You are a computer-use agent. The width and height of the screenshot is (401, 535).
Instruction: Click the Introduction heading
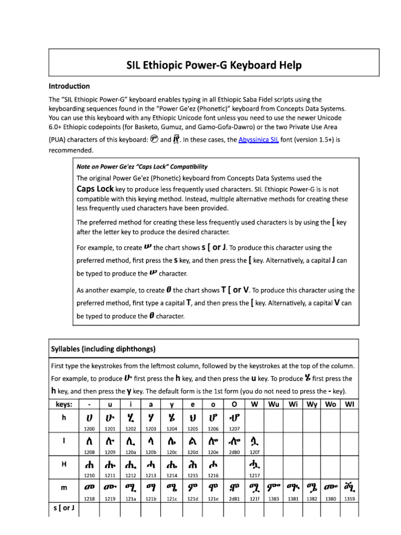(x=69, y=86)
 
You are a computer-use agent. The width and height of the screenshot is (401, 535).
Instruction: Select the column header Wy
(x=312, y=404)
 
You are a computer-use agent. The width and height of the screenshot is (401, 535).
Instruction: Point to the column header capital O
(x=233, y=404)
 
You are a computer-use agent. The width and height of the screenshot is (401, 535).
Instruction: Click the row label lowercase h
(x=63, y=418)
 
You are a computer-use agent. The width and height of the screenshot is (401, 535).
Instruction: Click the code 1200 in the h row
(x=89, y=428)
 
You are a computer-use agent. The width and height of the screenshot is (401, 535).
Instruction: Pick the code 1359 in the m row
(x=349, y=499)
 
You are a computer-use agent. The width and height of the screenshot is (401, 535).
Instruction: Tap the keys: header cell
(x=63, y=404)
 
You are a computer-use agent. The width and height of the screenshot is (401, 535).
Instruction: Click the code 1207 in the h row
(x=234, y=428)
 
